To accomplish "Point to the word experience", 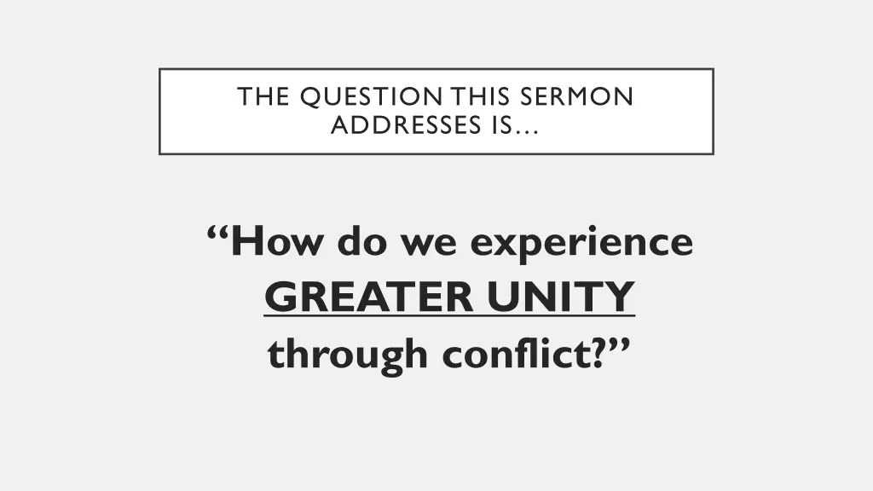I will [582, 245].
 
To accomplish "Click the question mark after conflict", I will [595, 352].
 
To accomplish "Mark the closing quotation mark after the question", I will [617, 341].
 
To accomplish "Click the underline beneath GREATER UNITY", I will [449, 316].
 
